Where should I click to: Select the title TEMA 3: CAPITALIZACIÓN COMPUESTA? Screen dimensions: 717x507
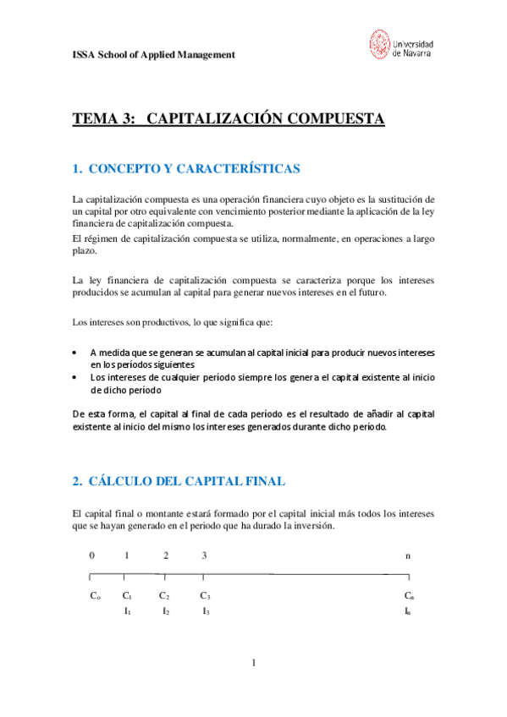click(x=229, y=119)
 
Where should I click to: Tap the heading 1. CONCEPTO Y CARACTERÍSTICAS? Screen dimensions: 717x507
click(x=186, y=169)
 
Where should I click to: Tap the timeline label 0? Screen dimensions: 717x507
click(x=92, y=556)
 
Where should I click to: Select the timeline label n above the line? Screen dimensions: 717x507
click(x=408, y=556)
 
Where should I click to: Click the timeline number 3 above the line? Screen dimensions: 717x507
click(x=204, y=556)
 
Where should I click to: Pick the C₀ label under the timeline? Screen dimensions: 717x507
click(x=95, y=596)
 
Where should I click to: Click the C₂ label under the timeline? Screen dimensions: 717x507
click(x=165, y=596)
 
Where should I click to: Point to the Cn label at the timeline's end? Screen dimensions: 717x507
click(x=408, y=596)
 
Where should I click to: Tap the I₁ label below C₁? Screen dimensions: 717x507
click(x=127, y=610)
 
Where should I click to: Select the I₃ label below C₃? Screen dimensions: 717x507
click(x=206, y=610)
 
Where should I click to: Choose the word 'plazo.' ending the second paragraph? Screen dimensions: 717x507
click(x=85, y=252)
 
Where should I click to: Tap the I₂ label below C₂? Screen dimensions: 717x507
click(x=166, y=610)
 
